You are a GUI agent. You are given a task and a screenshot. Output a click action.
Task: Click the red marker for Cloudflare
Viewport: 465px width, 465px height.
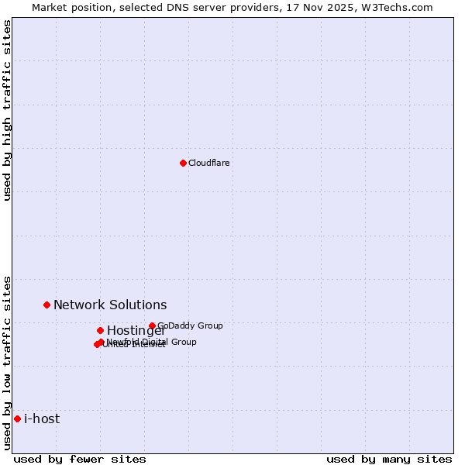pyautogui.click(x=183, y=163)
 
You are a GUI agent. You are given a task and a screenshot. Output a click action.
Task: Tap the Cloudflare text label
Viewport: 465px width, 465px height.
pyautogui.click(x=209, y=163)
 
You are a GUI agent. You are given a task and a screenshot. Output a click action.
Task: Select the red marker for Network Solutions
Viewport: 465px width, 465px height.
pyautogui.click(x=46, y=305)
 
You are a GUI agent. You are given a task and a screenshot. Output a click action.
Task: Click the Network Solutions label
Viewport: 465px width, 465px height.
pyautogui.click(x=110, y=305)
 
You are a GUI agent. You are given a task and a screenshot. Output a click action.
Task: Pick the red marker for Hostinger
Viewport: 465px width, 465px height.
pyautogui.click(x=100, y=330)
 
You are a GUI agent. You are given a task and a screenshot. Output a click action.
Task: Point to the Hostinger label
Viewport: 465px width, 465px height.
pyautogui.click(x=136, y=331)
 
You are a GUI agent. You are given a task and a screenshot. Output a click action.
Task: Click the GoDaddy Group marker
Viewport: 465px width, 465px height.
pyautogui.click(x=152, y=325)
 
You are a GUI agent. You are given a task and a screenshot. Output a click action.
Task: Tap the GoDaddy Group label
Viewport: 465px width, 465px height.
pyautogui.click(x=190, y=325)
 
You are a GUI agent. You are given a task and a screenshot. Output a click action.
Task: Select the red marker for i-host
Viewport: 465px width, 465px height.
pyautogui.click(x=17, y=418)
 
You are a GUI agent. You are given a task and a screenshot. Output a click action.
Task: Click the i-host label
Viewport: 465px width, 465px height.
pyautogui.click(x=42, y=419)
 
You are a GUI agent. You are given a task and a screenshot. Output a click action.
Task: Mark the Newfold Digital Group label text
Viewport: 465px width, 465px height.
pyautogui.click(x=152, y=342)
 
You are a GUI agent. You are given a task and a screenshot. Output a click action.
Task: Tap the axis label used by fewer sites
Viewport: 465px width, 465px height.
pyautogui.click(x=80, y=459)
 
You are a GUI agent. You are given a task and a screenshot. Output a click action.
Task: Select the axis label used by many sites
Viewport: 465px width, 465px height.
pyautogui.click(x=389, y=459)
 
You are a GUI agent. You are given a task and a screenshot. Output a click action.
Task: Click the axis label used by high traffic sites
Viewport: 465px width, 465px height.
pyautogui.click(x=7, y=111)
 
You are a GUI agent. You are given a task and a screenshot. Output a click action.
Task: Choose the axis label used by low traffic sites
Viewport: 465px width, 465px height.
pyautogui.click(x=7, y=362)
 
